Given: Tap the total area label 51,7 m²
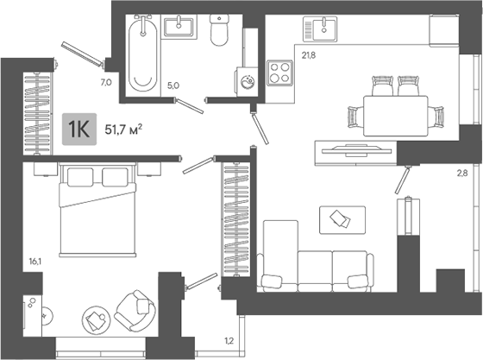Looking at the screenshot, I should [123, 129].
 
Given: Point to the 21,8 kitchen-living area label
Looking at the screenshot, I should [308, 57].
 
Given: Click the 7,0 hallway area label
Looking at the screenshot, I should [106, 83].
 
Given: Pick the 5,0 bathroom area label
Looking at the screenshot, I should [172, 85].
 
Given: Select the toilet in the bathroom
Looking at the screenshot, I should [219, 32].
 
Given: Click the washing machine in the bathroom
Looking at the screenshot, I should [245, 83].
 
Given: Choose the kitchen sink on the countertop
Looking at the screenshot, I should [323, 31].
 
